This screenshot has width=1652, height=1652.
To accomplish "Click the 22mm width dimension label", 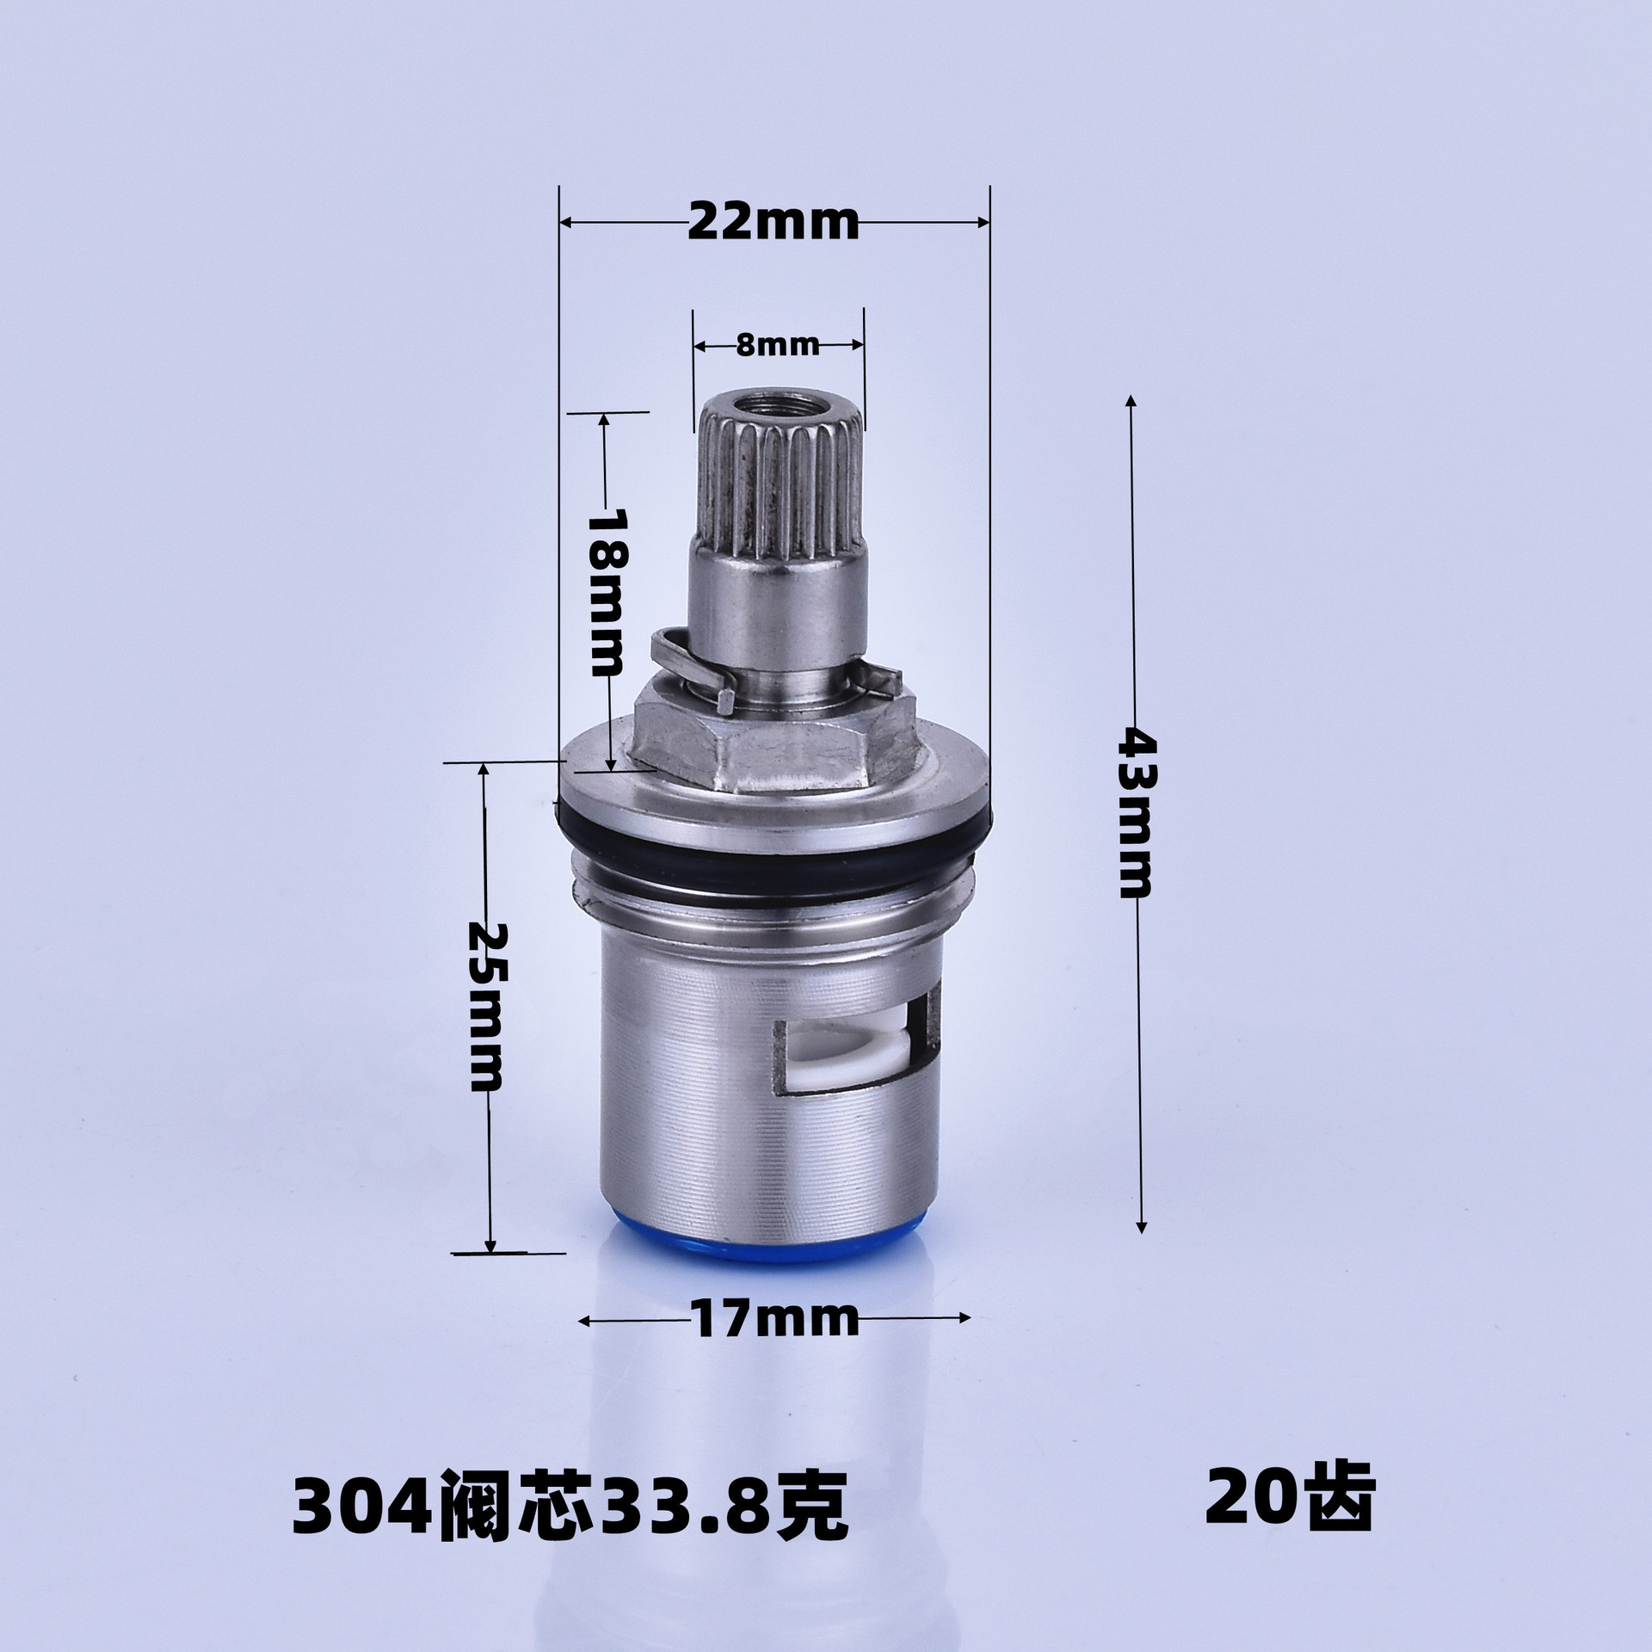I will click(x=774, y=224).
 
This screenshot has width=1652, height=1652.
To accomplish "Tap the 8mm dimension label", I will click(x=778, y=345).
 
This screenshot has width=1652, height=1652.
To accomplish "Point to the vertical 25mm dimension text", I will click(x=488, y=1007).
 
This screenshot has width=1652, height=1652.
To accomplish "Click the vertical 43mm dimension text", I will click(x=1137, y=813).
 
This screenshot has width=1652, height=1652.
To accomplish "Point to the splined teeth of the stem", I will click(x=779, y=490).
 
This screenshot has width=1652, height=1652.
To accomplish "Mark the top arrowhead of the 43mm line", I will click(x=1131, y=401).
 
